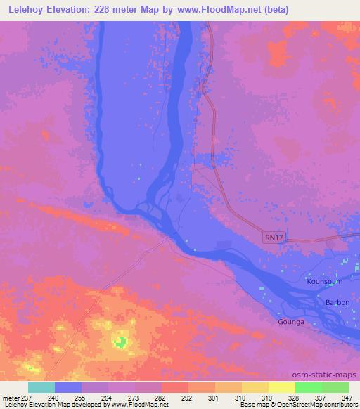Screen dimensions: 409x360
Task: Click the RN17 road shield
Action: pyautogui.click(x=275, y=238)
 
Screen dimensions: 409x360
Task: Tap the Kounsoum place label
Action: pyautogui.click(x=324, y=281)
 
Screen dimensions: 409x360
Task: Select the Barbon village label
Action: pyautogui.click(x=337, y=302)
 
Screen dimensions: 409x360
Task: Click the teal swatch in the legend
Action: pyautogui.click(x=41, y=387)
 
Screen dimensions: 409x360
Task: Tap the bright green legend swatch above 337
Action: pyautogui.click(x=309, y=387)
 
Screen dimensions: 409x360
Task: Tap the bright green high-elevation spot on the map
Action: pyautogui.click(x=121, y=343)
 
